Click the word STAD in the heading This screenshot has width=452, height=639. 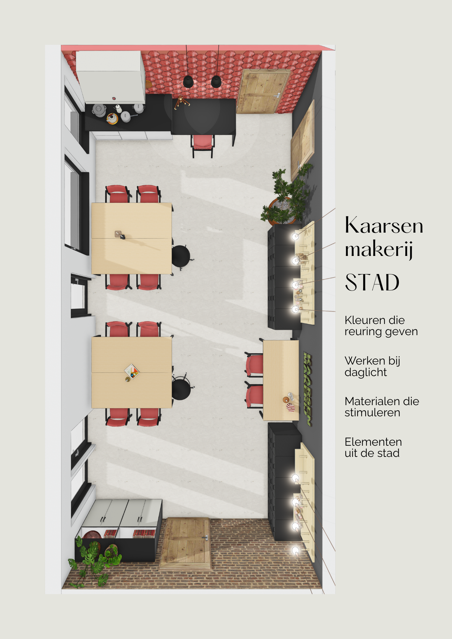point(372,282)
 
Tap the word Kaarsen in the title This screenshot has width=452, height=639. point(384,225)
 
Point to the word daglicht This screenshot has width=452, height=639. point(366,373)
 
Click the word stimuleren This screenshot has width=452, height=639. point(372,413)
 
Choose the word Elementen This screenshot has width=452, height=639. point(373,442)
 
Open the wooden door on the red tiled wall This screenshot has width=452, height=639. point(263,91)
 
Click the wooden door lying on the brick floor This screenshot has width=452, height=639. point(185,543)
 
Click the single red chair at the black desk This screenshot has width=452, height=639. point(203,146)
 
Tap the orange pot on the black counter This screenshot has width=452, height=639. point(112,119)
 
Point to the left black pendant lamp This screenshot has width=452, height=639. point(188,82)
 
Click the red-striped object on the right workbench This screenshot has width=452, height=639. point(291,407)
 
